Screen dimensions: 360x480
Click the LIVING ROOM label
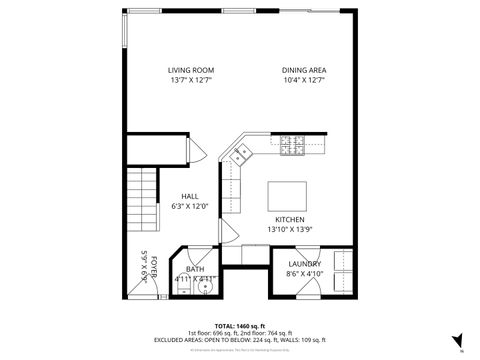[190, 70]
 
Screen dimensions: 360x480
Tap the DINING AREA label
[303, 70]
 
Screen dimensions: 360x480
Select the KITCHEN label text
[290, 219]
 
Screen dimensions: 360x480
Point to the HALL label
[190, 196]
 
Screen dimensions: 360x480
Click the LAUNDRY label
[304, 264]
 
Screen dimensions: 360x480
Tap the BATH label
[195, 268]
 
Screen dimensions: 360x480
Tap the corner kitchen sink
[241, 153]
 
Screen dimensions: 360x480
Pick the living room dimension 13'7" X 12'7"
[190, 79]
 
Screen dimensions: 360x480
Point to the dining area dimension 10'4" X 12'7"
[303, 79]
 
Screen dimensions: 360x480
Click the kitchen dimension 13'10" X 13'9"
[290, 229]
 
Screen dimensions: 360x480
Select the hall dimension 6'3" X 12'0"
[190, 206]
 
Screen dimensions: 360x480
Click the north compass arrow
[456, 340]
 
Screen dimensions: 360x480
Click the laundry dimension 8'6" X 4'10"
[304, 273]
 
